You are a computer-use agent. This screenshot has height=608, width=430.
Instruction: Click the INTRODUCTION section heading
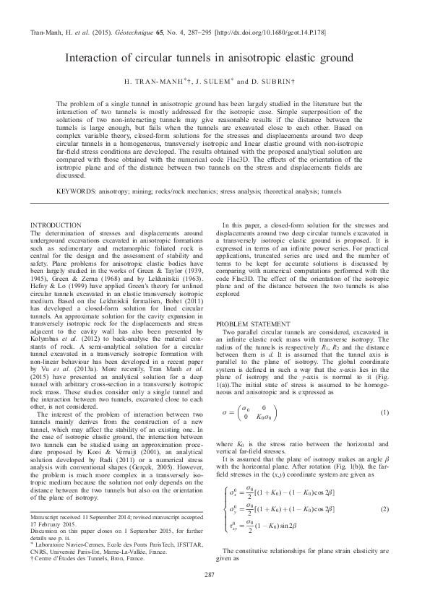click(61, 226)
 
